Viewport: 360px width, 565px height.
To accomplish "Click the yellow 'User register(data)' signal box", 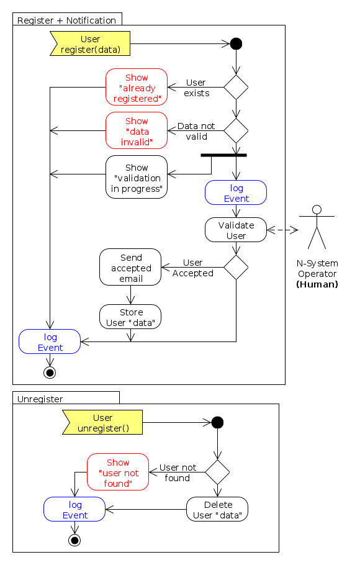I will (91, 44).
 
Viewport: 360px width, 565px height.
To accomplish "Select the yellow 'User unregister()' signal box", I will (103, 423).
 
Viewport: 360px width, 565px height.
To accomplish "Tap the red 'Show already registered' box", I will (137, 88).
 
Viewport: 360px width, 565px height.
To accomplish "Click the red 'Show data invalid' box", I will (137, 130).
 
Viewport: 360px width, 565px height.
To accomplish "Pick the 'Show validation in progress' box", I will (137, 178).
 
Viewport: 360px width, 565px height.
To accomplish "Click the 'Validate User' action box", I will (236, 230).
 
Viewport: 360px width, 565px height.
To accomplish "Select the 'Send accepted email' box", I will (130, 268).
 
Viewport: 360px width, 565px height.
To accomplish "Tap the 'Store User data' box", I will (130, 317).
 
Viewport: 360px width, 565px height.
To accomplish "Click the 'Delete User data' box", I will (217, 509).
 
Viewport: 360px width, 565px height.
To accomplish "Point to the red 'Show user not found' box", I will (118, 472).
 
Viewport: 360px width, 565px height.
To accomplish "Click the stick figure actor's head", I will (317, 209).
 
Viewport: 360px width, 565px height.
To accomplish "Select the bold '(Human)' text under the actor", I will (317, 284).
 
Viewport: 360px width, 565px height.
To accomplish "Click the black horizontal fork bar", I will (223, 155).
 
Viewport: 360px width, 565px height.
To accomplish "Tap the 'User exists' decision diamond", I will (236, 87).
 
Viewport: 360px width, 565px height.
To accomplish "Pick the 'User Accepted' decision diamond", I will (236, 268).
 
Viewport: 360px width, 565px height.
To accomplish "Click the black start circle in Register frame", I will (236, 44).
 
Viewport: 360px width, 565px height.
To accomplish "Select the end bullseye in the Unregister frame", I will (74, 540).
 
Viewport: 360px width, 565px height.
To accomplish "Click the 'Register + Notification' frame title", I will (66, 20).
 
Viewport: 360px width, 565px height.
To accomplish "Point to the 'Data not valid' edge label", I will (196, 131).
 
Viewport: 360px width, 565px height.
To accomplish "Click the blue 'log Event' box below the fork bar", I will (236, 193).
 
